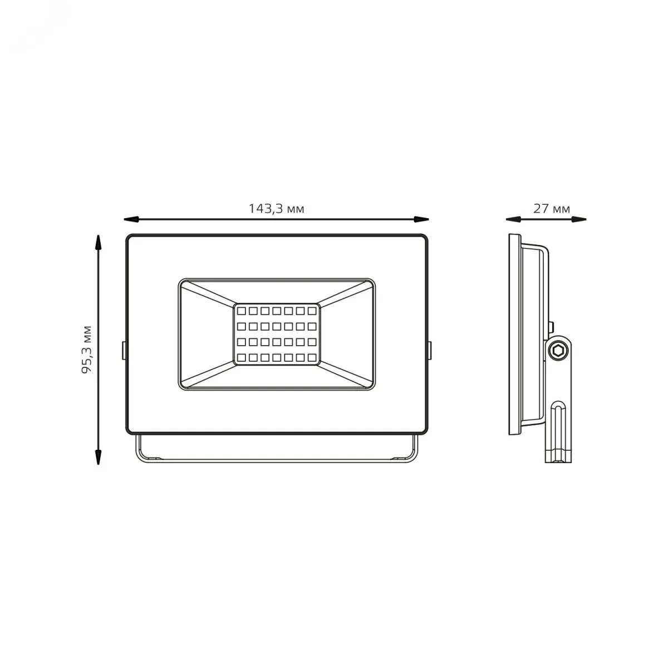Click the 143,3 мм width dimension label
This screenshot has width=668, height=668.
point(276,209)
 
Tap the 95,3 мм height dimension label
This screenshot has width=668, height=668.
point(87,350)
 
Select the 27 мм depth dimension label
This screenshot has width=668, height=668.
point(552,209)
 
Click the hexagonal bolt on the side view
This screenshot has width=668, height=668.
point(558,351)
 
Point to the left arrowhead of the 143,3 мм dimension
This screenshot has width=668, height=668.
point(131,219)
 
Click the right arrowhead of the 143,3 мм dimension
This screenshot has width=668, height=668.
point(421,219)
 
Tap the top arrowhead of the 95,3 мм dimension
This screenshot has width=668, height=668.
point(99,242)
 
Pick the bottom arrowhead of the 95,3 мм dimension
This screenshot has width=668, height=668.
point(99,457)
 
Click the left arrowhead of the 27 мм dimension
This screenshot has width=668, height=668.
point(513,219)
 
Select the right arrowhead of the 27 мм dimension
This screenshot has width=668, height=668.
point(579,219)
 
